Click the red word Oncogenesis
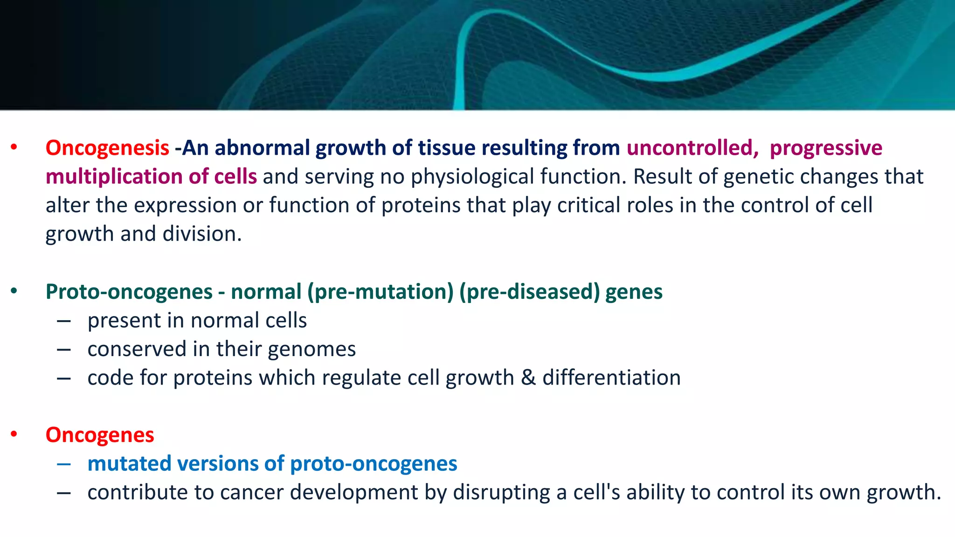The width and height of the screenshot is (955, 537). coord(107,148)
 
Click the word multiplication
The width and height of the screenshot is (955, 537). coord(114,177)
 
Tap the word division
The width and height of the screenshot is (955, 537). coord(202,234)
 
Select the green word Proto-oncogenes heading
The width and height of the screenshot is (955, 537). coord(129,292)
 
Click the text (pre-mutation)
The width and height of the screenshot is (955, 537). coord(381,292)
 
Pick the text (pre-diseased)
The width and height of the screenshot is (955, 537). coord(530,292)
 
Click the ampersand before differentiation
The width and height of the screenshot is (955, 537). coord(528,378)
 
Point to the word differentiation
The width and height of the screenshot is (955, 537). coord(611,378)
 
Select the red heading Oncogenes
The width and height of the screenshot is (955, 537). coord(100,435)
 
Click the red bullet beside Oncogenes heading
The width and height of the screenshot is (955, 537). coord(14,434)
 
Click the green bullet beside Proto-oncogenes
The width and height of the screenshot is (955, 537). coord(14,291)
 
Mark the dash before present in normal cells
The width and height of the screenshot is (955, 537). coord(64,321)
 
